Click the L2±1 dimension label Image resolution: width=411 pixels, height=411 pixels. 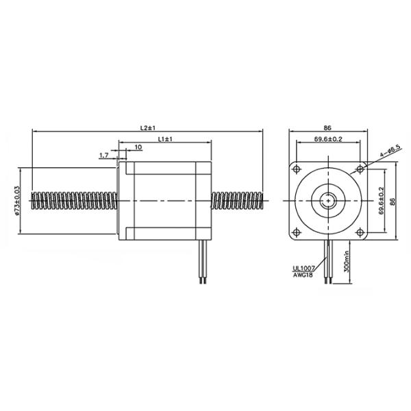tap(147, 127)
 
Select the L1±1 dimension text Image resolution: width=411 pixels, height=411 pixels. tap(165, 139)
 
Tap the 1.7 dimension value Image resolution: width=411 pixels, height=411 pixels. tap(104, 155)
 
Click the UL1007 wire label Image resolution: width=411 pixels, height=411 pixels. tap(302, 269)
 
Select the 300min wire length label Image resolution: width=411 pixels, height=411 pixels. tap(347, 262)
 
